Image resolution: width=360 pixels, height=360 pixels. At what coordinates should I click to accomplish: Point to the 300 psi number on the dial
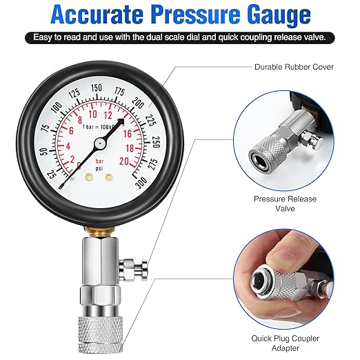(x=141, y=180)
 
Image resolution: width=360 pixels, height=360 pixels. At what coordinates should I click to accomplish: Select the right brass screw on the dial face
(x=108, y=177)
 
